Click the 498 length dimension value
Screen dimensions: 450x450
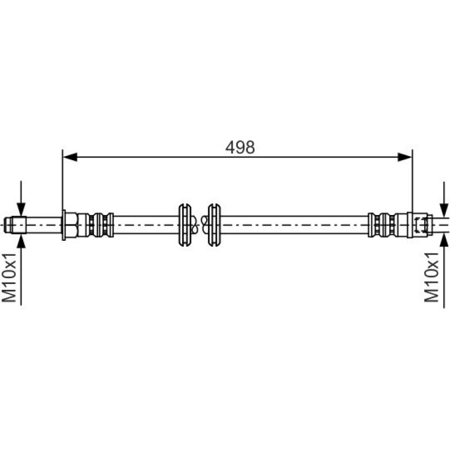point(240,147)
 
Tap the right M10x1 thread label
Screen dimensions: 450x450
point(432,278)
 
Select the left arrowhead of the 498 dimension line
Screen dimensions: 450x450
point(70,157)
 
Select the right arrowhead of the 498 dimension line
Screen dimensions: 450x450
point(404,157)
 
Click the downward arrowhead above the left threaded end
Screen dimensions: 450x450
point(21,209)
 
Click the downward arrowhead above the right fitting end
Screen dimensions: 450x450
point(444,210)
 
